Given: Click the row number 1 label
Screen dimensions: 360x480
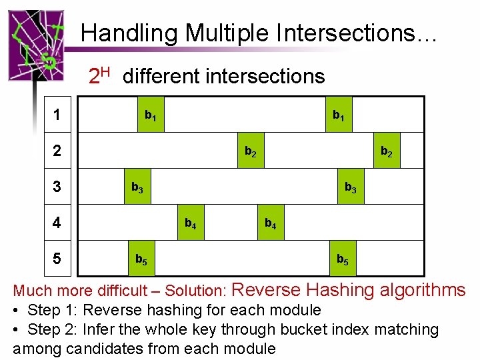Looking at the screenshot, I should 57,115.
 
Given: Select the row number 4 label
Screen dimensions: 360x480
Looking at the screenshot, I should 57,223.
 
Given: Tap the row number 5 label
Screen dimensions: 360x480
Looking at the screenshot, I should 57,258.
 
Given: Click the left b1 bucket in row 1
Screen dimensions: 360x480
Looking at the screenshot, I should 151,115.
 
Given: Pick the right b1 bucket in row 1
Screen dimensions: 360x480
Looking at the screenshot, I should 339,115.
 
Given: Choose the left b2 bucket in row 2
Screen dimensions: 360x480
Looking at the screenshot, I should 249,151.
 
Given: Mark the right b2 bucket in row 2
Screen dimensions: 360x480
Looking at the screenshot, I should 386,151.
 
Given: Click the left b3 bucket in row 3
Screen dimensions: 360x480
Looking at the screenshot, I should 137,187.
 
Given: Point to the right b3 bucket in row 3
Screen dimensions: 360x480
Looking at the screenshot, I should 350,187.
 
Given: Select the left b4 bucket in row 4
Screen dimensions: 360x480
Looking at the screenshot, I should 190,223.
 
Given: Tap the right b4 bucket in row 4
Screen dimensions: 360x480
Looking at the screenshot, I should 270,223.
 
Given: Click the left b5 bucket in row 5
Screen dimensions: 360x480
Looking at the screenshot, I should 142,259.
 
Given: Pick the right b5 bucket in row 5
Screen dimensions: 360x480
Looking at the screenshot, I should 342,259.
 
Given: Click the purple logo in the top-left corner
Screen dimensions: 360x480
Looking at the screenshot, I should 36,45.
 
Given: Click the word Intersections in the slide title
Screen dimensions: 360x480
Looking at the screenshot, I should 353,33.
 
